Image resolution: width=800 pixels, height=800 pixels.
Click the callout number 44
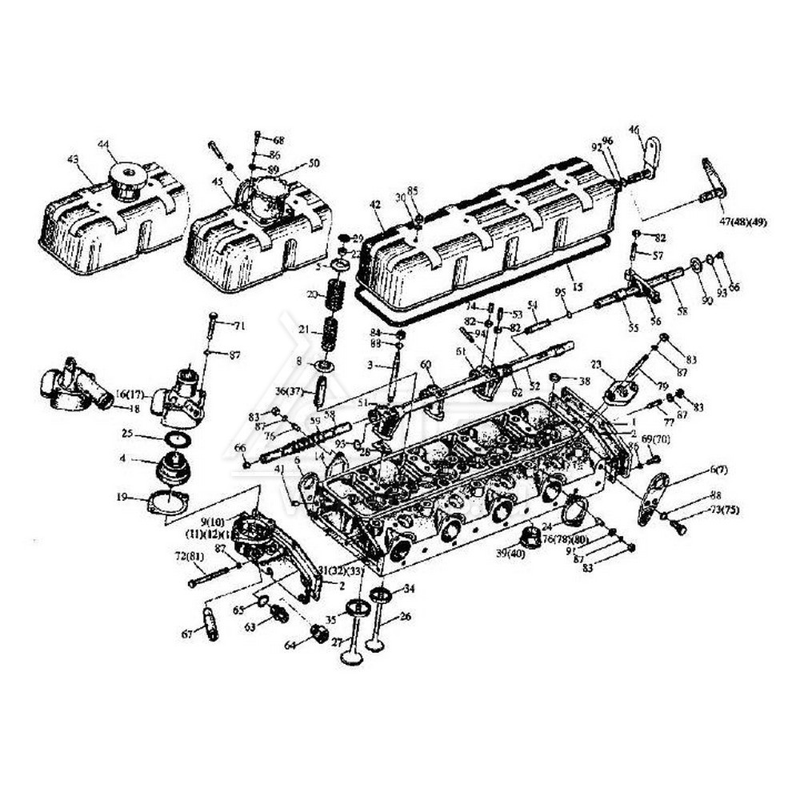pyautogui.click(x=103, y=144)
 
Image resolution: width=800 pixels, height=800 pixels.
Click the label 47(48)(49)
pyautogui.click(x=742, y=222)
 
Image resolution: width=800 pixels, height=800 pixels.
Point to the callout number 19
pyautogui.click(x=122, y=497)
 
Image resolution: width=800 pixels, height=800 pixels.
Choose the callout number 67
pyautogui.click(x=186, y=634)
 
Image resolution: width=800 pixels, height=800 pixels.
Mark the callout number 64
pyautogui.click(x=290, y=645)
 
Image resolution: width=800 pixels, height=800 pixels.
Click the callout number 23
pyautogui.click(x=596, y=364)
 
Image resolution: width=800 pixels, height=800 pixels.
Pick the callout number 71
pyautogui.click(x=239, y=325)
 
